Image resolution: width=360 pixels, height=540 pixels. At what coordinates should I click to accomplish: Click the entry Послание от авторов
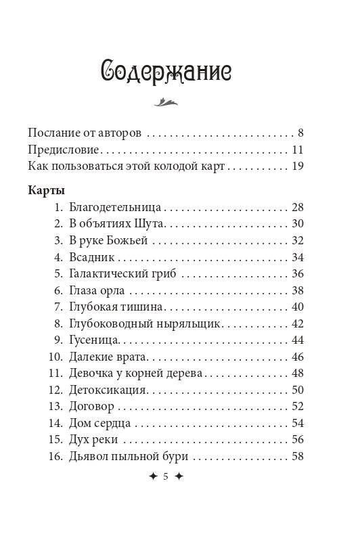point(85,132)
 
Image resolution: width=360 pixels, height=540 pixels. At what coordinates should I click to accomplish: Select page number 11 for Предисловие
point(297,149)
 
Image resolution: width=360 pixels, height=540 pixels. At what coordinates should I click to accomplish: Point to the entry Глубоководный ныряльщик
point(145,323)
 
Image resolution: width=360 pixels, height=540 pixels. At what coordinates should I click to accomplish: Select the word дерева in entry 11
point(194,373)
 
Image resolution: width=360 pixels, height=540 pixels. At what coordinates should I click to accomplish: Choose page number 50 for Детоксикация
point(297,390)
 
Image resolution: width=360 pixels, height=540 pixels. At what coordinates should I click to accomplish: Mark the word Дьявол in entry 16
point(87,456)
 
